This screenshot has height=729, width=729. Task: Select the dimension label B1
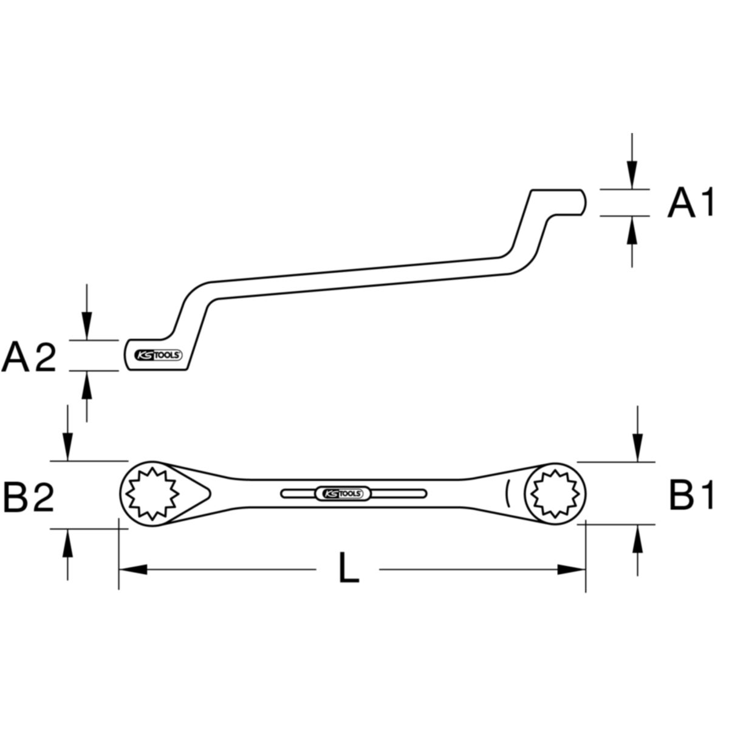[690, 496]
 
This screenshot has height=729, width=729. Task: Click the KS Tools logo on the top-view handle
[340, 493]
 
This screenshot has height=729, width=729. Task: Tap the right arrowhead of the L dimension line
[572, 570]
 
